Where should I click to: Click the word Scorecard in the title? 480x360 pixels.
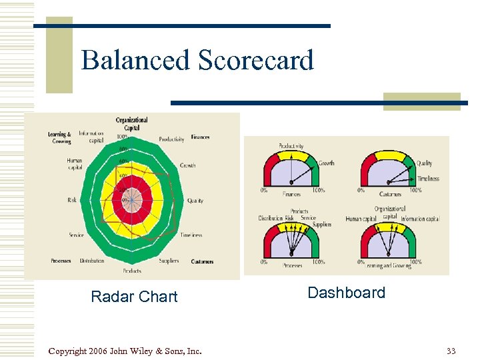[256, 61]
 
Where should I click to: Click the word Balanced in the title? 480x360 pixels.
[135, 61]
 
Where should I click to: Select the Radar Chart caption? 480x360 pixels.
[134, 297]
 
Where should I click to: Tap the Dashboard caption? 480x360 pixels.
[346, 293]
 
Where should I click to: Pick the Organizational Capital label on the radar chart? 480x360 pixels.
[131, 123]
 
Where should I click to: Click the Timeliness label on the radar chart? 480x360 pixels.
[191, 235]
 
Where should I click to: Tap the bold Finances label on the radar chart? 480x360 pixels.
[200, 137]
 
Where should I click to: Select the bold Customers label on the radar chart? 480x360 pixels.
[202, 261]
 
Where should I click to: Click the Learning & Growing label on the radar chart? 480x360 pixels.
[59, 138]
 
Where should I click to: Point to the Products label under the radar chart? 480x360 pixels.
[132, 271]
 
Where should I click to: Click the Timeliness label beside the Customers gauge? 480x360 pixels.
[427, 179]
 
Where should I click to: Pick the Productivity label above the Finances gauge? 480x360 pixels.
[291, 146]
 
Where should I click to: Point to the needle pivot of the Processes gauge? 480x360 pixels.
[291, 254]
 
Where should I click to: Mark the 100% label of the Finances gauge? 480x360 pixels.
[318, 191]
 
